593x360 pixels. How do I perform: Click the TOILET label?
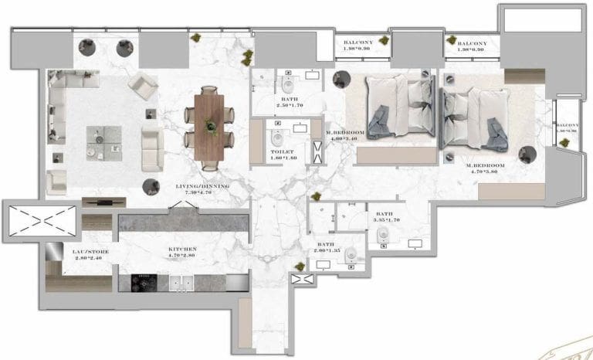click(278, 153)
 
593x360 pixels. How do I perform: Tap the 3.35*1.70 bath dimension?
click(385, 221)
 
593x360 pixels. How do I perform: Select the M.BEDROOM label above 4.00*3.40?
click(344, 133)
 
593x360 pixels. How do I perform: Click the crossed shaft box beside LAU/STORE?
click(41, 220)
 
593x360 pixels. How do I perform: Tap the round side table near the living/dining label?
click(151, 185)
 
